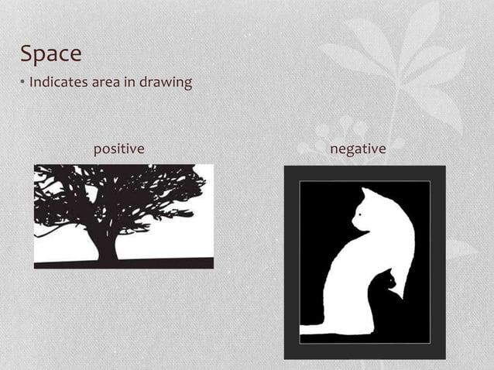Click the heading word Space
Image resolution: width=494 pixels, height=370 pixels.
(x=51, y=54)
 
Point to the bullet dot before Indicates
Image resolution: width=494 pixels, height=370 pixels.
(x=23, y=82)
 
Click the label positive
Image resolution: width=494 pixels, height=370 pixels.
(x=119, y=148)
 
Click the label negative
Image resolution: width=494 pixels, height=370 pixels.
(x=357, y=148)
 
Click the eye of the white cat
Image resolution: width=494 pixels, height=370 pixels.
(x=362, y=210)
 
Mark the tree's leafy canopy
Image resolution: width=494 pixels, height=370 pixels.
(x=124, y=194)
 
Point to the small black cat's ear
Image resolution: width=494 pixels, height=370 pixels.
(x=391, y=272)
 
